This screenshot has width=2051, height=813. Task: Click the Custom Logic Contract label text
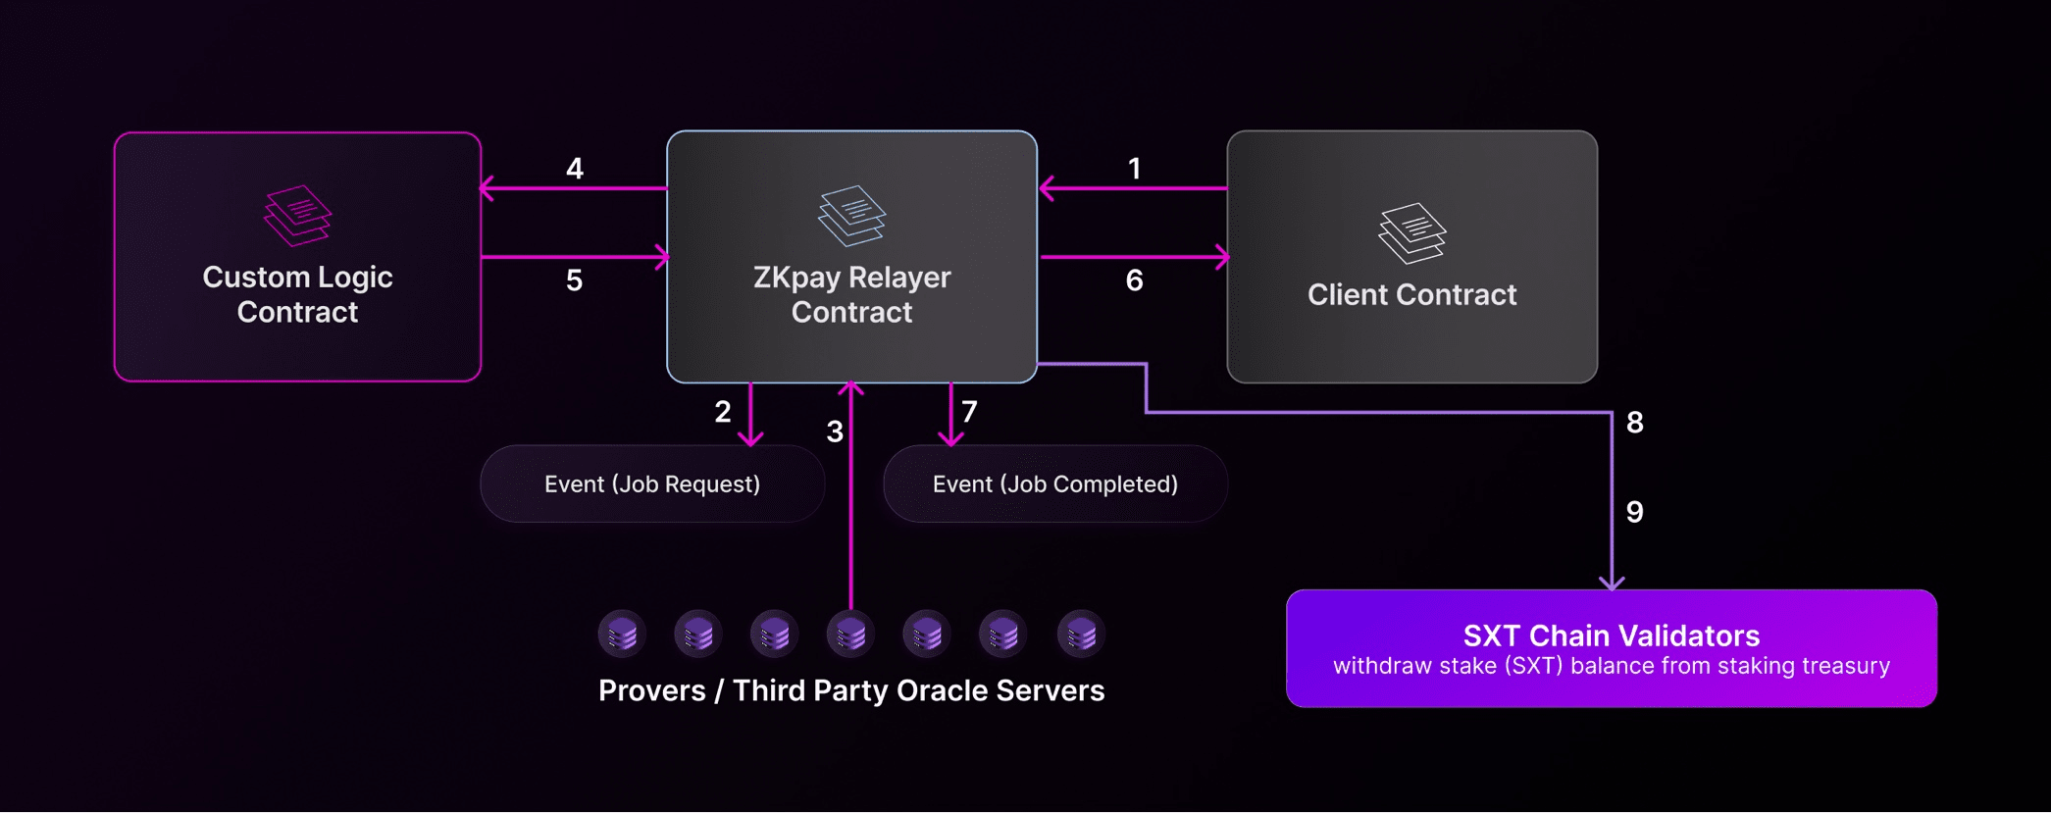pyautogui.click(x=297, y=294)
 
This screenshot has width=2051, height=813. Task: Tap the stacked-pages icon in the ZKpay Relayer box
pyautogui.click(x=851, y=216)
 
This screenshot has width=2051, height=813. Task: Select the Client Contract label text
pyautogui.click(x=1411, y=294)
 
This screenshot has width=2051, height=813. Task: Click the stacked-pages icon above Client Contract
pyautogui.click(x=1411, y=232)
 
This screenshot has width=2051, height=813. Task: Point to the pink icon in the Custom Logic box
pyautogui.click(x=297, y=216)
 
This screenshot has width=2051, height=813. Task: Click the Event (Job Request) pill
pyautogui.click(x=652, y=483)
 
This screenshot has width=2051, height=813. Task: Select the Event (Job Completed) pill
pyautogui.click(x=1055, y=483)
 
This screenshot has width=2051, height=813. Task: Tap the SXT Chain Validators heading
pyautogui.click(x=1612, y=635)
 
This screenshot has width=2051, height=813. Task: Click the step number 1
pyautogui.click(x=1135, y=169)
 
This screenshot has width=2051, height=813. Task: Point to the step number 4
pyautogui.click(x=575, y=169)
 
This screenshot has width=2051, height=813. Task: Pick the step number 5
pyautogui.click(x=575, y=280)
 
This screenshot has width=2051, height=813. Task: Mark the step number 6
pyautogui.click(x=1135, y=280)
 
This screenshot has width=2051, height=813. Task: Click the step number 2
pyautogui.click(x=723, y=412)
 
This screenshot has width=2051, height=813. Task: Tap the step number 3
pyautogui.click(x=835, y=432)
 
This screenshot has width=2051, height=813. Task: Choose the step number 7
pyautogui.click(x=969, y=412)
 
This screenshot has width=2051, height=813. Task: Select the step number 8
pyautogui.click(x=1635, y=423)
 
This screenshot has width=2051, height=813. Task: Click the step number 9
pyautogui.click(x=1635, y=512)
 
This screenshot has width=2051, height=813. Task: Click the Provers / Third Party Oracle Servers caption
pyautogui.click(x=851, y=690)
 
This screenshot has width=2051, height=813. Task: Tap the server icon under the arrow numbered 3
pyautogui.click(x=850, y=635)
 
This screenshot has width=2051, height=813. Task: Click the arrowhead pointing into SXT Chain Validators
pyautogui.click(x=1612, y=584)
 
